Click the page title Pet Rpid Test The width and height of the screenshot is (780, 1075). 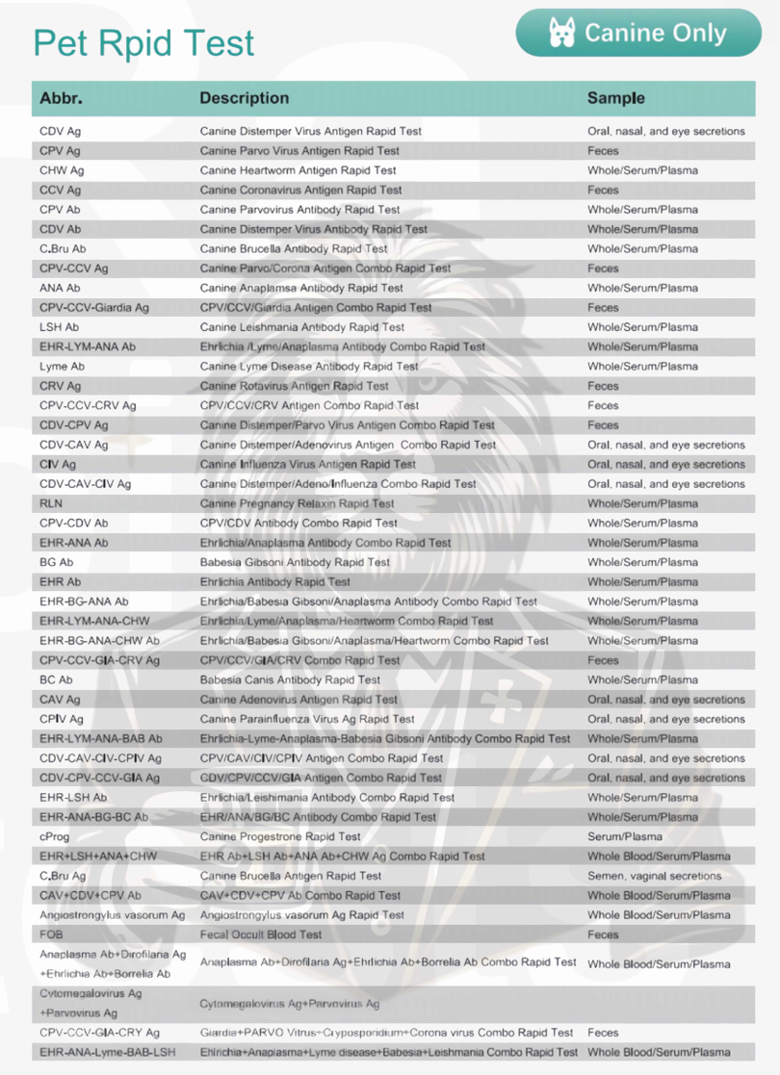coord(143,43)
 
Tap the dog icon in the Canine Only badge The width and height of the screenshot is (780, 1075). coord(560,33)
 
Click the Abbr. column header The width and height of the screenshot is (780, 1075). coord(61,98)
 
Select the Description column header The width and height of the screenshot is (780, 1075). coord(244,98)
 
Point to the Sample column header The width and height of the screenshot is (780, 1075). coord(616,98)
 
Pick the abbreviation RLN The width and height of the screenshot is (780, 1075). coord(51,503)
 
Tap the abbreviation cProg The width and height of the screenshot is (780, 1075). coord(55,836)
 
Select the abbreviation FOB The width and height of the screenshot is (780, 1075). coord(51,934)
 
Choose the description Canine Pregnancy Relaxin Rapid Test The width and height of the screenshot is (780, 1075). coord(297,503)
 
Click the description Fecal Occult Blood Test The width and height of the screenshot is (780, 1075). coord(260,934)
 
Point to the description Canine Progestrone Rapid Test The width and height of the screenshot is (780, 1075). coord(280,836)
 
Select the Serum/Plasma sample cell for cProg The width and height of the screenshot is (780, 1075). coord(625,836)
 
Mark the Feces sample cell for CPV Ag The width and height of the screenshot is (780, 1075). coord(603,151)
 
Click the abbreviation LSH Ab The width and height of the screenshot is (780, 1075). coord(60,327)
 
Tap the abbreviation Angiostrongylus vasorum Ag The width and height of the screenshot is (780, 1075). coord(112,915)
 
